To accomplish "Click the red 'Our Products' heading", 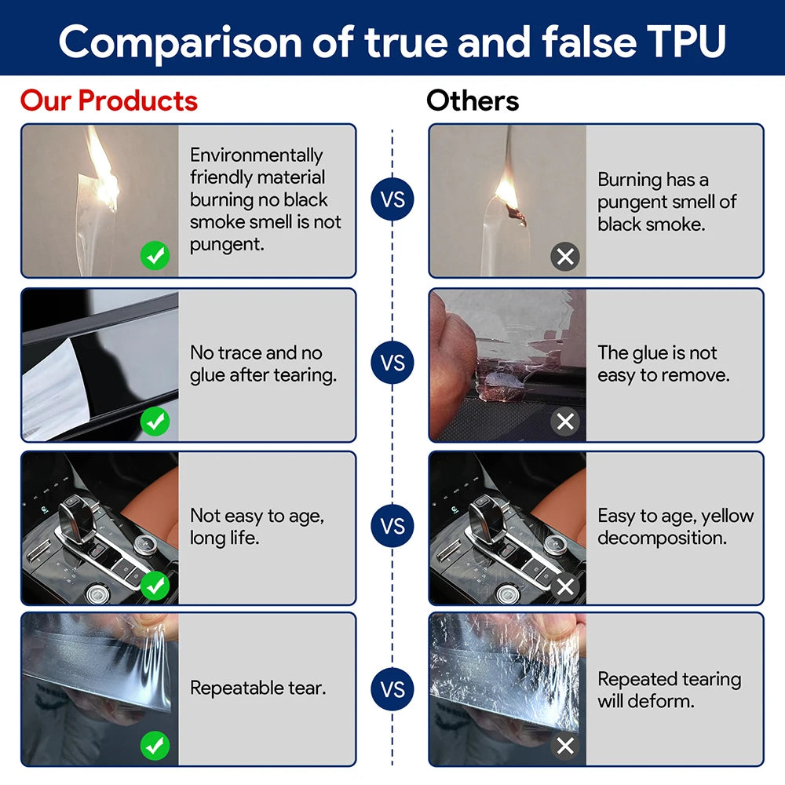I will coord(109,101).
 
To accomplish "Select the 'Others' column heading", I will coord(473,101).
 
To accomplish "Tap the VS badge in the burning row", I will coord(392,199).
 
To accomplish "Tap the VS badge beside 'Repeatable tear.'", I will coord(392,689).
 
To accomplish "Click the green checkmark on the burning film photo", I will coord(155,256).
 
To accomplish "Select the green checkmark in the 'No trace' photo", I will coord(155,422).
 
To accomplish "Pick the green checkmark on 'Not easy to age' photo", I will coord(155,585).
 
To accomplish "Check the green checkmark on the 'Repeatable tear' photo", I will coord(155,746).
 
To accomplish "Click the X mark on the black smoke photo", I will coord(564,256).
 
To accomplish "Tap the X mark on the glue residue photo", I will coord(564,422).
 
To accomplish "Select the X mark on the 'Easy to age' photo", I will coord(564,586).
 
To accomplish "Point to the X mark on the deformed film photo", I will coord(564,746).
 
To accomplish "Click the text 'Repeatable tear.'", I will coord(257,689).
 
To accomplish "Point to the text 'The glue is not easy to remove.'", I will coord(663,364).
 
